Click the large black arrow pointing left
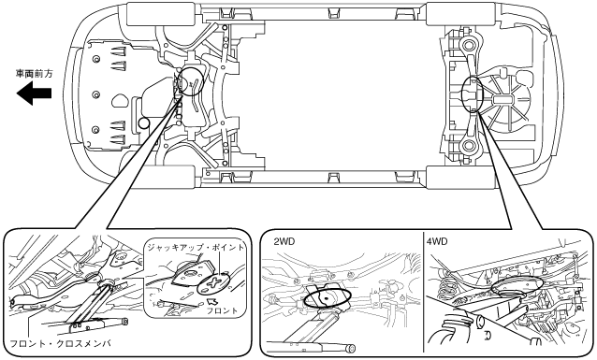(34, 94)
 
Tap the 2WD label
(284, 241)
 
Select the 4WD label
(437, 241)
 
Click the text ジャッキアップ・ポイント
(196, 248)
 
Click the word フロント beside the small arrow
(222, 310)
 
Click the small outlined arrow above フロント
(211, 301)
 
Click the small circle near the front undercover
(144, 122)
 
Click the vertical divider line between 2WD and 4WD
(423, 294)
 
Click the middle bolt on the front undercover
(96, 94)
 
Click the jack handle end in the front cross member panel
(124, 322)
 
